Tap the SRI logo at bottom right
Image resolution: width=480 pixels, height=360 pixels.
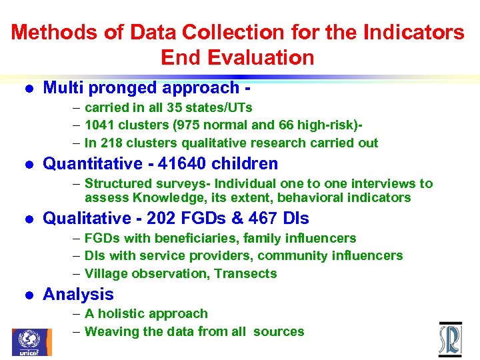point(450,340)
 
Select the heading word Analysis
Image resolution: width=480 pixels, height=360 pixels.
point(78,295)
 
